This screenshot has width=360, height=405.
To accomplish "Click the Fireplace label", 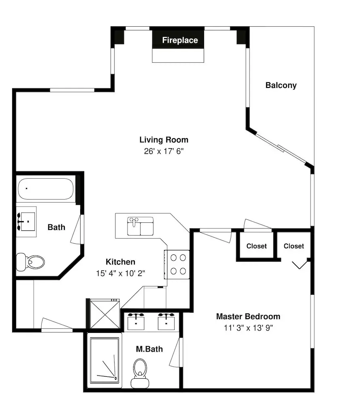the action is click(x=180, y=40).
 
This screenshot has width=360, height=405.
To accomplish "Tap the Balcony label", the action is click(x=281, y=85).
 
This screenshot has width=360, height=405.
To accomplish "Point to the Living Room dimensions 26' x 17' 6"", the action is click(x=164, y=151).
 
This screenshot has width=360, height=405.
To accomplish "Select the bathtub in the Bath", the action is click(x=46, y=189).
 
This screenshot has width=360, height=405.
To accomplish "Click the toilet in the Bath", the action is click(x=30, y=262).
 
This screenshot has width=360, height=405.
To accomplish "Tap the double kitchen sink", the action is click(x=140, y=226).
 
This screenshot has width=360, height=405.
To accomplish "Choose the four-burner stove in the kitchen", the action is click(x=177, y=264).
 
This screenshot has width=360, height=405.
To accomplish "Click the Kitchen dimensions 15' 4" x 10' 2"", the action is click(x=121, y=273).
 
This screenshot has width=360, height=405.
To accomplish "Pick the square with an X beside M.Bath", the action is click(x=105, y=314).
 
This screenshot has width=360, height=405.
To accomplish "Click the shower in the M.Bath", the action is click(x=104, y=360).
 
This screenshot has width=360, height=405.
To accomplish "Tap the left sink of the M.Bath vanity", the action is click(x=136, y=322).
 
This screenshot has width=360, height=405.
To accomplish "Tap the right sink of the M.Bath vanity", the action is click(x=166, y=322).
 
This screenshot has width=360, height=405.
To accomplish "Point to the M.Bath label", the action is click(x=149, y=349).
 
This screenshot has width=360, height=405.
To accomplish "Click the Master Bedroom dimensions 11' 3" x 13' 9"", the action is click(x=248, y=328).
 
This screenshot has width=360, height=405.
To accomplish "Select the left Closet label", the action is click(x=256, y=246).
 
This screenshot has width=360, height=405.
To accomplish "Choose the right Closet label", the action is click(x=294, y=246).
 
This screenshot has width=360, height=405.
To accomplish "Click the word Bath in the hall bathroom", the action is click(x=56, y=227).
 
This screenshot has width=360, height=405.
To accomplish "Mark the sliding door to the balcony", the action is click(x=281, y=148).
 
